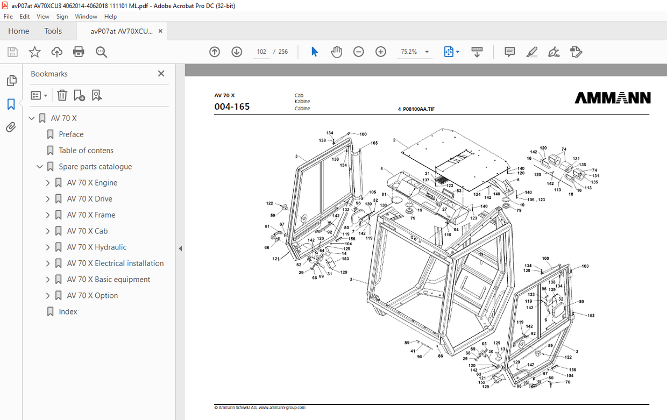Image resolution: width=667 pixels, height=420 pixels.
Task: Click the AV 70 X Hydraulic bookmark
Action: point(96,247)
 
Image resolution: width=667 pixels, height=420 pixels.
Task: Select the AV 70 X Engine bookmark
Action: point(92,183)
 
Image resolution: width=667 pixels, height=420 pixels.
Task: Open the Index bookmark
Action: point(68,312)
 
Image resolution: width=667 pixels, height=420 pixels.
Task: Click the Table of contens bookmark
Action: point(86,151)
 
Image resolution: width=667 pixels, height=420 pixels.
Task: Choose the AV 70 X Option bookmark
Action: point(92,296)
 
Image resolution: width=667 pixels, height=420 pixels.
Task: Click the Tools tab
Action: point(53,31)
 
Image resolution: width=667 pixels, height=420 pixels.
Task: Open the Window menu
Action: point(86,17)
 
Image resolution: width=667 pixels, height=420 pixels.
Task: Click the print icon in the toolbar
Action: point(79,52)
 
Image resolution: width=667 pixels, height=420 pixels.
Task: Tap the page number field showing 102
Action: point(261,52)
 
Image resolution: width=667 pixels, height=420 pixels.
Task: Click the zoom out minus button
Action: point(358,52)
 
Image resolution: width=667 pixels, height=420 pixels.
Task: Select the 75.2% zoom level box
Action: point(409,52)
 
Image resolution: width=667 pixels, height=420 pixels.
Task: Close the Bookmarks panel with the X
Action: point(161,74)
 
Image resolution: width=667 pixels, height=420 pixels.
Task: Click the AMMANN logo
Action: point(612,98)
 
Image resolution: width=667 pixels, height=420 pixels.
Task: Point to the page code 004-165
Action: point(232,107)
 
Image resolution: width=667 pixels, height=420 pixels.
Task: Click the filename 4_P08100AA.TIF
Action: point(416,109)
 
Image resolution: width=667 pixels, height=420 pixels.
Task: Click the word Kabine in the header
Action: point(302,102)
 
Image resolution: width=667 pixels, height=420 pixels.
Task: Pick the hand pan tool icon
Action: point(336,52)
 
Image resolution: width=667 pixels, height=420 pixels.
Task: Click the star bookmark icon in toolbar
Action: point(34,52)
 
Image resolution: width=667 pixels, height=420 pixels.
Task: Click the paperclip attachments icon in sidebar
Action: point(11,127)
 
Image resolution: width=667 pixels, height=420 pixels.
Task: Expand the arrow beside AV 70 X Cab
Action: point(47,231)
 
